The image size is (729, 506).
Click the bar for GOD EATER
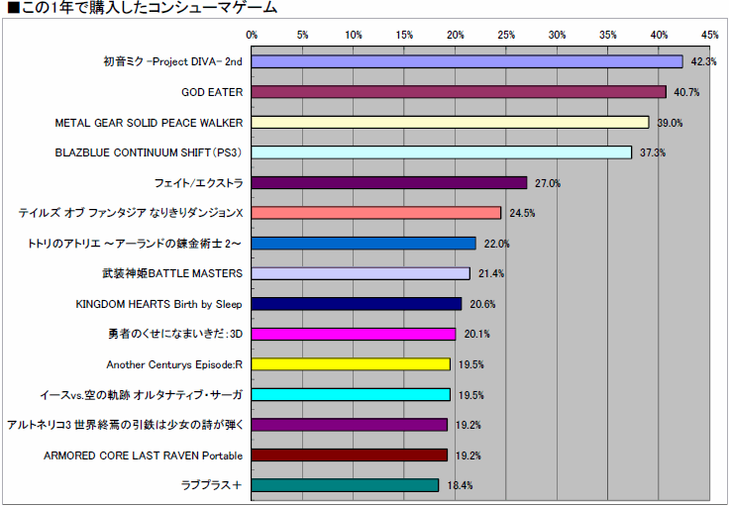click(x=459, y=92)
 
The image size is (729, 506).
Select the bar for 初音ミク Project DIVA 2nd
click(x=467, y=61)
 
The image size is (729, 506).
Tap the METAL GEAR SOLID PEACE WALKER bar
click(x=450, y=122)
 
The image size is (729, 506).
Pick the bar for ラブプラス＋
click(x=345, y=485)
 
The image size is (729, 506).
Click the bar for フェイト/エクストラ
click(x=388, y=183)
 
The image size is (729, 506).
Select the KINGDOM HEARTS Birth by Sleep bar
click(x=357, y=304)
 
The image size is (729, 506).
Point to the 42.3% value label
click(x=702, y=62)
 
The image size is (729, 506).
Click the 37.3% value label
click(x=652, y=153)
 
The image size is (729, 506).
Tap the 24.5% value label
click(x=522, y=214)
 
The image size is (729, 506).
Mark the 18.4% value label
click(x=460, y=486)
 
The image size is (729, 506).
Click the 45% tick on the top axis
click(x=709, y=35)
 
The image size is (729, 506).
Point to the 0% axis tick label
click(x=252, y=35)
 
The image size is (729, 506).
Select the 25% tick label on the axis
click(x=506, y=35)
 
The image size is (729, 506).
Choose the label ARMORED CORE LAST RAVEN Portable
click(x=144, y=455)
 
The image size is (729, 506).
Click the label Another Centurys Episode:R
click(x=174, y=364)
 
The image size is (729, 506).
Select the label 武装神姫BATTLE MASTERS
click(x=173, y=273)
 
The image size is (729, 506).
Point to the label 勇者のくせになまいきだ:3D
click(x=175, y=334)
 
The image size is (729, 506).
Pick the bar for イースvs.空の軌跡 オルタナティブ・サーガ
click(x=351, y=395)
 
